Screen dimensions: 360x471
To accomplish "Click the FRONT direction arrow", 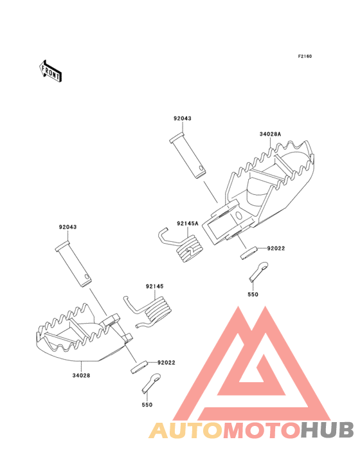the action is pyautogui.click(x=50, y=71).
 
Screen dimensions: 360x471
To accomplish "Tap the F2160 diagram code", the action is pyautogui.click(x=305, y=56).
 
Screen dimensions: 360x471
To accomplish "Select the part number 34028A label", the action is pyautogui.click(x=270, y=134).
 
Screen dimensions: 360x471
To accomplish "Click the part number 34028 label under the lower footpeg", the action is pyautogui.click(x=81, y=375).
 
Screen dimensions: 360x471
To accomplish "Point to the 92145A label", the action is pyautogui.click(x=188, y=223).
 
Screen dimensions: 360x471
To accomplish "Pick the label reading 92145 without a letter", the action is pyautogui.click(x=155, y=286).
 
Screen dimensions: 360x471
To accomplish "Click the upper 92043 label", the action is pyautogui.click(x=183, y=118).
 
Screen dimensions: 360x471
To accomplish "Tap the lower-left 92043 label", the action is pyautogui.click(x=67, y=227).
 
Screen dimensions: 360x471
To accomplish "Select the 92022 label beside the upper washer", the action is pyautogui.click(x=276, y=248).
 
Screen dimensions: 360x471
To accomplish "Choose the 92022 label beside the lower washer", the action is pyautogui.click(x=166, y=362).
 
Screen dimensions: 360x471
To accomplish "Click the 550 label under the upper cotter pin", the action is pyautogui.click(x=253, y=295).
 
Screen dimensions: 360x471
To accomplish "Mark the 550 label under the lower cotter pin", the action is pyautogui.click(x=147, y=405).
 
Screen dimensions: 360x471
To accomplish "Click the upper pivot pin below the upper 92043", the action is pyautogui.click(x=188, y=156).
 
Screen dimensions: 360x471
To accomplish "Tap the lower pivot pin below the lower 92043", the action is pyautogui.click(x=73, y=264).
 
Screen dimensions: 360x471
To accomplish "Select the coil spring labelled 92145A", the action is pyautogui.click(x=181, y=245).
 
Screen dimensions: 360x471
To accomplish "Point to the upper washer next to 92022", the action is pyautogui.click(x=249, y=254).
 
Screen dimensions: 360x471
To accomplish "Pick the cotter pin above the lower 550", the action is pyautogui.click(x=151, y=383).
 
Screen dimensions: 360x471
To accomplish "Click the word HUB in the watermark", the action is pyautogui.click(x=327, y=430).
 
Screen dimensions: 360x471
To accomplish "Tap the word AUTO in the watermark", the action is pyautogui.click(x=186, y=430).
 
